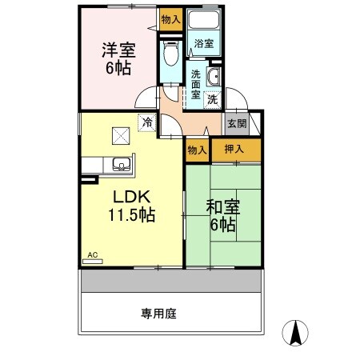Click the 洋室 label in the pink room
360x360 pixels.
pyautogui.click(x=118, y=50)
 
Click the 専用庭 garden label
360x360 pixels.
pyautogui.click(x=159, y=313)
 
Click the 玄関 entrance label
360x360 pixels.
pyautogui.click(x=237, y=123)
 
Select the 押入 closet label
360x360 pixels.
pyautogui.click(x=234, y=149)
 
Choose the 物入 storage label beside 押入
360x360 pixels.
pyautogui.click(x=197, y=150)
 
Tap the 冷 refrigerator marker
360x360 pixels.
pyautogui.click(x=147, y=122)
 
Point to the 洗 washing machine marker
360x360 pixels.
pyautogui.click(x=213, y=100)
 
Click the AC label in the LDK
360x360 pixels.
pyautogui.click(x=92, y=255)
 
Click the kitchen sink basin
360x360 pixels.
pyautogui.click(x=122, y=166)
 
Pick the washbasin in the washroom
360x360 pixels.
pyautogui.click(x=214, y=78)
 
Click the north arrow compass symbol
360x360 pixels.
pyautogui.click(x=297, y=331)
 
